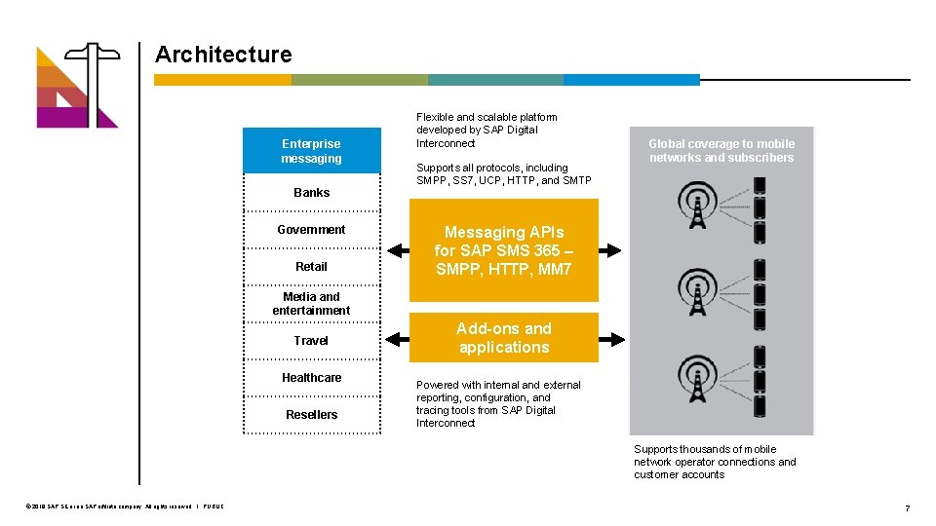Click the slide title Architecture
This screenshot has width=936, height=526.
[223, 55]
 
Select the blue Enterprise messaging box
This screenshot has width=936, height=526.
[311, 151]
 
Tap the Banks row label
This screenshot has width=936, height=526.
[311, 193]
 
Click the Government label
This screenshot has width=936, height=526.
[311, 230]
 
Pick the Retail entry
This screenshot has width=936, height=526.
[311, 267]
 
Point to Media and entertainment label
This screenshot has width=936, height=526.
[311, 304]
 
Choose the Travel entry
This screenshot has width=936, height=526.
[311, 341]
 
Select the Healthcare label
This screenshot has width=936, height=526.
[311, 378]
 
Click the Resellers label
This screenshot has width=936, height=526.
[311, 415]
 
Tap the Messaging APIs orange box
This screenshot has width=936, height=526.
[503, 250]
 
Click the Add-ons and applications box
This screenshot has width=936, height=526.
[503, 338]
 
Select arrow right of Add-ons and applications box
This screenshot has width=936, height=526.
[612, 339]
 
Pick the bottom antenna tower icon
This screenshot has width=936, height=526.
[697, 382]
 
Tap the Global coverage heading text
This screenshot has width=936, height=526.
[721, 151]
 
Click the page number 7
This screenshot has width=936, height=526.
[907, 508]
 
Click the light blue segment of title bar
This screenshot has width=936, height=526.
[632, 80]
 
